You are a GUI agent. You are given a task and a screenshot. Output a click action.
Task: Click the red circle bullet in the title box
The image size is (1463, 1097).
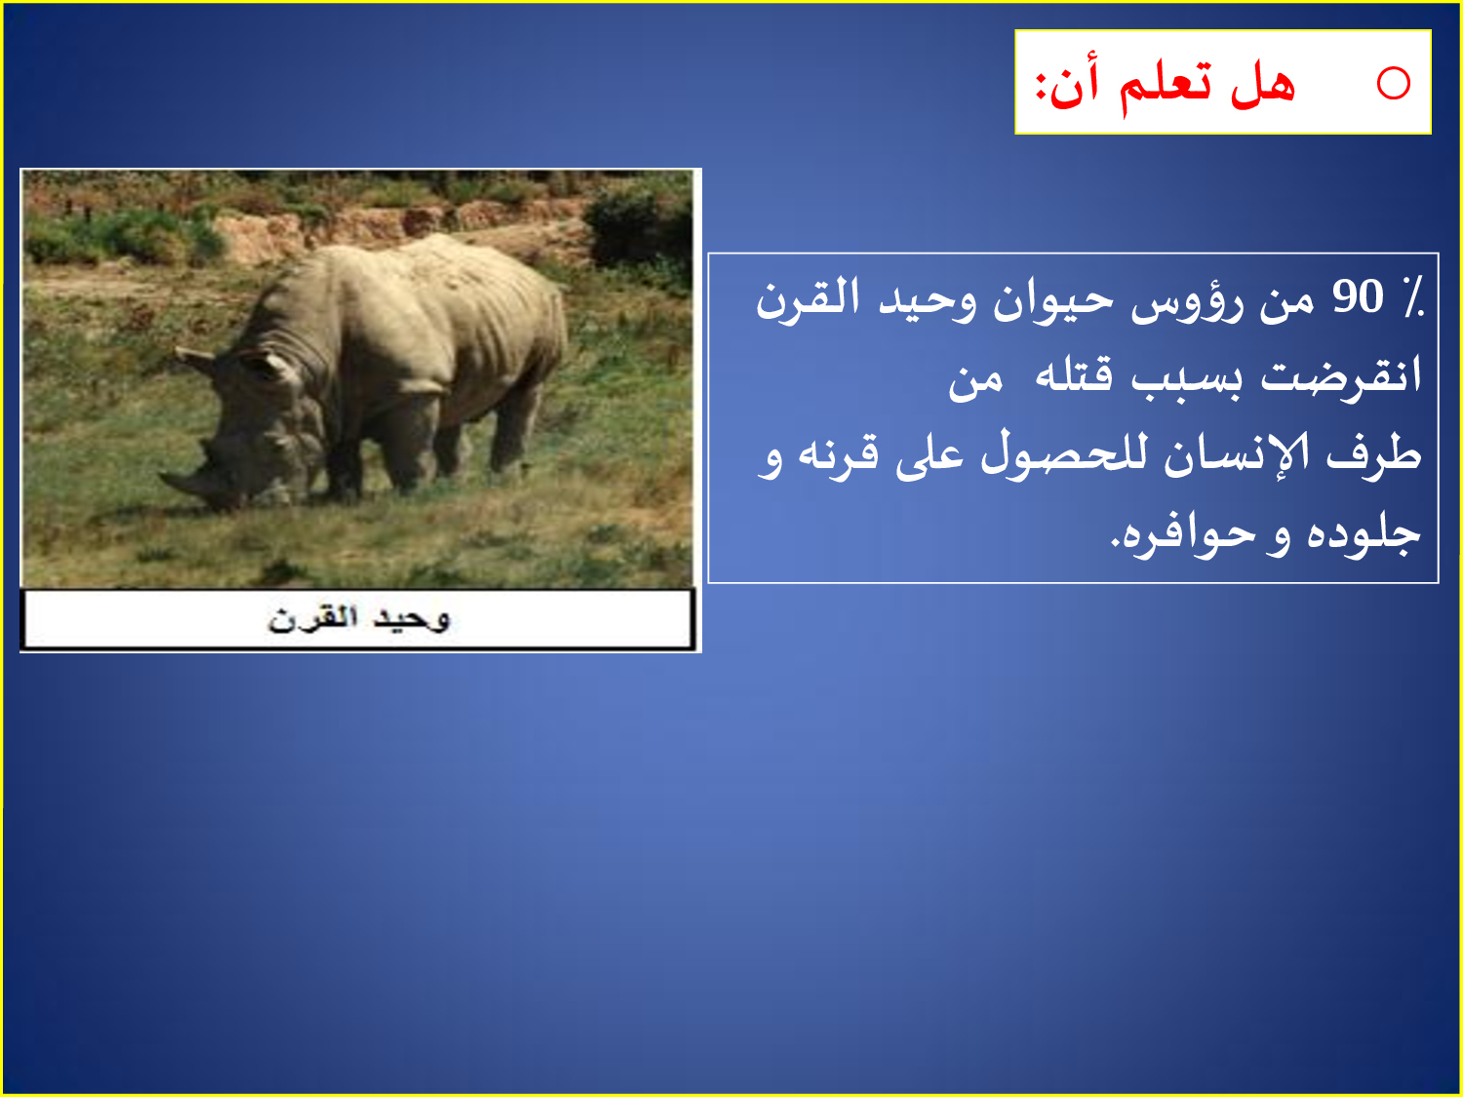pyautogui.click(x=1393, y=83)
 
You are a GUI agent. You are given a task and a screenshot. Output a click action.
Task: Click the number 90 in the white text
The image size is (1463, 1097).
pyautogui.click(x=1358, y=297)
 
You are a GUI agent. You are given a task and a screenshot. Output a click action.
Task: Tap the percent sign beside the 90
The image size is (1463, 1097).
pyautogui.click(x=1411, y=297)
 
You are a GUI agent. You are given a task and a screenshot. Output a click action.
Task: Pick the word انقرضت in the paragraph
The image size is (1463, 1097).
pyautogui.click(x=1341, y=376)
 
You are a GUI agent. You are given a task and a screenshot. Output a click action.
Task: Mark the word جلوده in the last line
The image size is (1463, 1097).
pyautogui.click(x=1363, y=532)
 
